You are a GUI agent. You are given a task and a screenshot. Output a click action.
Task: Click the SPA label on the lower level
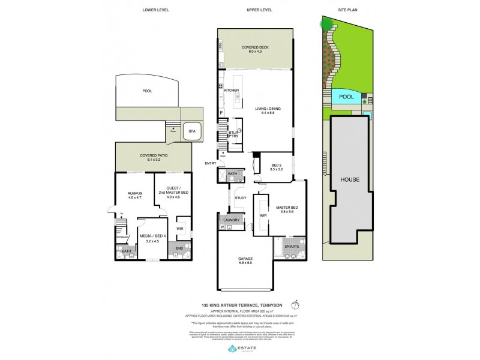point(191,131)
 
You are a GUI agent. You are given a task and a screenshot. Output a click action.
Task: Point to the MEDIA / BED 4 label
point(149,238)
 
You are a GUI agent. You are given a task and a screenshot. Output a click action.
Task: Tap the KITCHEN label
point(232,90)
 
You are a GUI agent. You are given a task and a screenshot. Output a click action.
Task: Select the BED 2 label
point(277,166)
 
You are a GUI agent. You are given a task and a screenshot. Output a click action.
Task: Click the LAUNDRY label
point(233,220)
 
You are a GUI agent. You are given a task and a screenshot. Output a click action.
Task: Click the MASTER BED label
point(286,210)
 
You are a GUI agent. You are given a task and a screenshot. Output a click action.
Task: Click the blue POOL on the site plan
point(346,96)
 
